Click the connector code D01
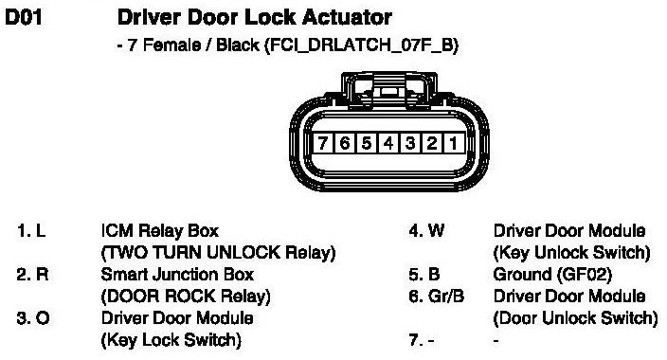[24, 17]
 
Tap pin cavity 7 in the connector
[323, 143]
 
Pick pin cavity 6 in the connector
[345, 143]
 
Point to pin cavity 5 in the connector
[367, 143]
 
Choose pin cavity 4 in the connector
[388, 143]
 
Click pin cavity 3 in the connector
[410, 143]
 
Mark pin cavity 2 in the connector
[432, 143]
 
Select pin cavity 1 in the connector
[454, 143]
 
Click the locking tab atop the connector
[388, 90]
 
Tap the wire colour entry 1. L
[31, 231]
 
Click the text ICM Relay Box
[160, 231]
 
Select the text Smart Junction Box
[177, 275]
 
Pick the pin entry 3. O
[33, 318]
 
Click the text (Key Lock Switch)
[171, 340]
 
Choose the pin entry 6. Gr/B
[436, 297]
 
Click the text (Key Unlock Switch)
[571, 253]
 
